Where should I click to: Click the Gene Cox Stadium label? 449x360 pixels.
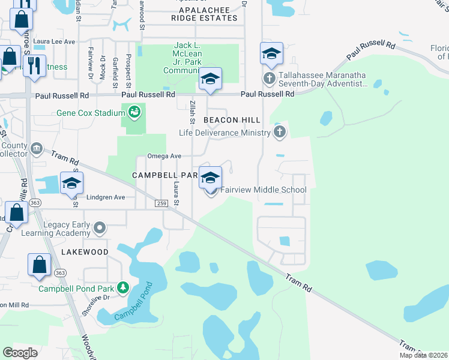coord(90,112)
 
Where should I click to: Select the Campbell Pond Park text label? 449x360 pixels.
coord(77,288)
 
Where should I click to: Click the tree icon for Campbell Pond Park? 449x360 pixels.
coord(123,288)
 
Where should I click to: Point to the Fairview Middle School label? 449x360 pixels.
coord(264,190)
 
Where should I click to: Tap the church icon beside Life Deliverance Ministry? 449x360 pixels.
coord(279,132)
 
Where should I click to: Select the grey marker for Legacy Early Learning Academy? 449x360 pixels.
coord(100,228)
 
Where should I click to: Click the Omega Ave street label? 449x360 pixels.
coord(164,156)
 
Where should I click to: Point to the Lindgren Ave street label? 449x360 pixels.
coord(105,197)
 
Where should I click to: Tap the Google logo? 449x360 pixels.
coord(20,352)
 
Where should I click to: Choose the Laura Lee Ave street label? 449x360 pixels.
coord(54,41)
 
